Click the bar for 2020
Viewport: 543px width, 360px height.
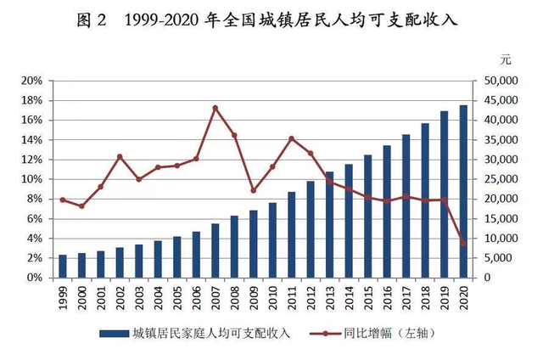pos(463,192)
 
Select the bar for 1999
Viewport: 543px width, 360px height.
pos(62,266)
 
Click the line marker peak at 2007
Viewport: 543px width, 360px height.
pos(215,108)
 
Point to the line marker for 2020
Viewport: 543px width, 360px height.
pos(463,244)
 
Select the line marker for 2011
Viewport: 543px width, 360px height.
pos(291,138)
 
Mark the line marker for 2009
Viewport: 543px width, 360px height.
pos(253,191)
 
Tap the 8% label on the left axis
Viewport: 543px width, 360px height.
pos(34,200)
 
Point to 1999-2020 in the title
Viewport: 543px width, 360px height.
pos(162,20)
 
